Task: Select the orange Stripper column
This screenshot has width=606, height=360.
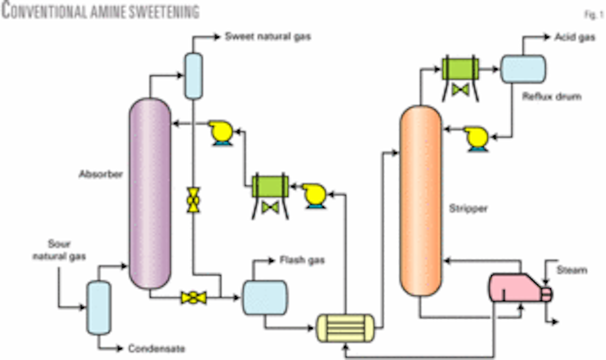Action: click(421, 202)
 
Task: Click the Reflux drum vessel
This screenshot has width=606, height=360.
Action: click(523, 69)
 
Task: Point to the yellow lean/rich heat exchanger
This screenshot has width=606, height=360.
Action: click(345, 328)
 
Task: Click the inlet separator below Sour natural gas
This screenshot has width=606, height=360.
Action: click(98, 308)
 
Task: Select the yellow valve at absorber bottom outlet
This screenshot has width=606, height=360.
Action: click(194, 298)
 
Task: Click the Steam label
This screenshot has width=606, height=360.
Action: click(573, 270)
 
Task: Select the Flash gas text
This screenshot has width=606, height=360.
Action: click(302, 261)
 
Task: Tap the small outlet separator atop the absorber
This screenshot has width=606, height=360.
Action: click(192, 76)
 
